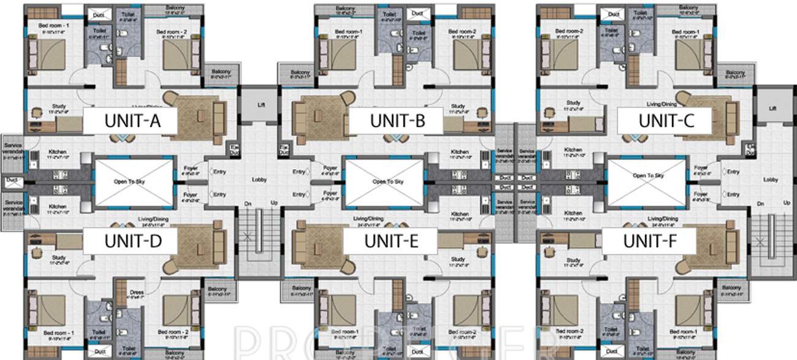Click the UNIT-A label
tap(133, 121)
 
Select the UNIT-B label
tap(398, 121)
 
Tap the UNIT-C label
tap(665, 121)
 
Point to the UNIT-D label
tap(133, 240)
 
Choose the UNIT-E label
tap(392, 240)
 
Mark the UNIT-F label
tap(649, 240)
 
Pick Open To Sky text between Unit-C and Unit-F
tap(648, 175)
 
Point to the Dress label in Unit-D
tap(136, 293)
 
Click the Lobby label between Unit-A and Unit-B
tap(259, 180)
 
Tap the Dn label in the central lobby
tap(247, 202)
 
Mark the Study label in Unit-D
tap(59, 258)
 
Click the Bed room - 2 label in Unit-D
tap(177, 332)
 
